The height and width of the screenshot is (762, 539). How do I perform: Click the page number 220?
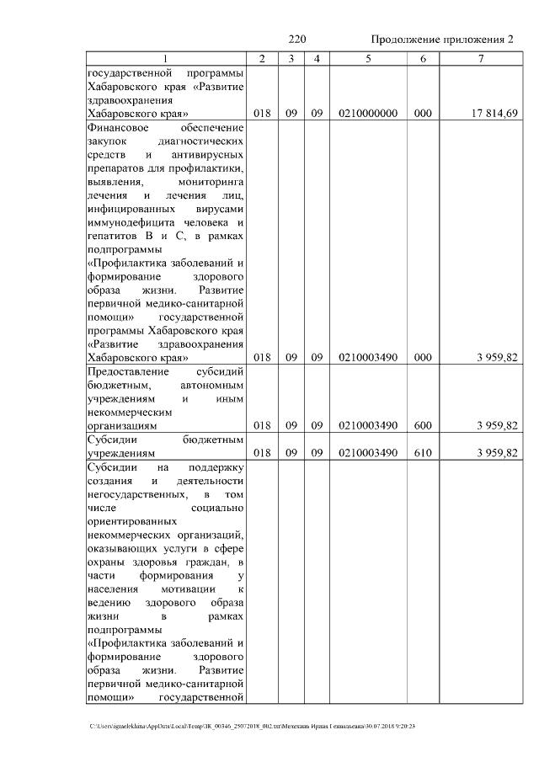coord(296,40)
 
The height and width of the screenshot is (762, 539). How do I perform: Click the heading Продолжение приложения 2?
coord(442,40)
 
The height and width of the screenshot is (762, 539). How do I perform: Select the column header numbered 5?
coord(368,58)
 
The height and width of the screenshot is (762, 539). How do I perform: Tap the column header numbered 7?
coord(481,58)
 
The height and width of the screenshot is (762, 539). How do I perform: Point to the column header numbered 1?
coord(166,58)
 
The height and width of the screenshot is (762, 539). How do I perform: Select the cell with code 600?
coord(423,426)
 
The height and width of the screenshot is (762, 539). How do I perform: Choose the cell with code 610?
coord(423,453)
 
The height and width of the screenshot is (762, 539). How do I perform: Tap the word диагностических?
coord(206,141)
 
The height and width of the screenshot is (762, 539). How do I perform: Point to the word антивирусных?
coord(207,155)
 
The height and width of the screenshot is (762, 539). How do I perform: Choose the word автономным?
coord(211,386)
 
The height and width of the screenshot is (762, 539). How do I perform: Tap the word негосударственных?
coord(137,494)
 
